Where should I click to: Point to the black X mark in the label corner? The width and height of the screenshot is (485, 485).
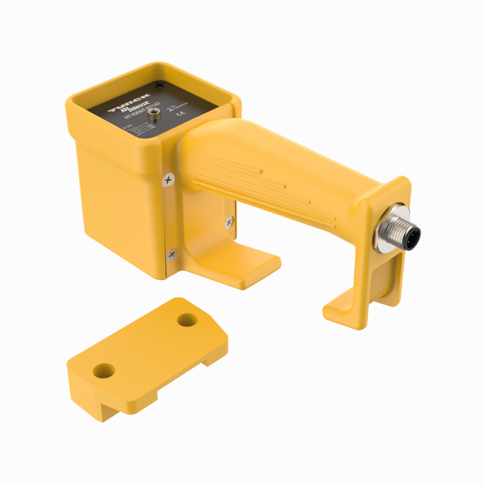[x=161, y=85]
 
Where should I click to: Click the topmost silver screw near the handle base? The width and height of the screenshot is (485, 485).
[x=168, y=179]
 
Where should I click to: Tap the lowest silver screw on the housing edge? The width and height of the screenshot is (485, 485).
[x=172, y=254]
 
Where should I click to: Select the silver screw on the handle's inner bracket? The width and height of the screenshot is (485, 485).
[x=229, y=222]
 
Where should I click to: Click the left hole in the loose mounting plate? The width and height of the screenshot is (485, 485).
[x=104, y=371]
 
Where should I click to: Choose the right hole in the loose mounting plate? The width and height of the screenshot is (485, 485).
[x=186, y=320]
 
